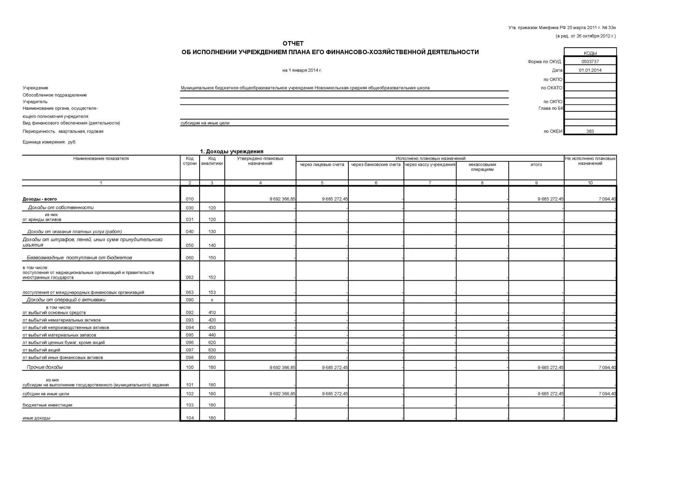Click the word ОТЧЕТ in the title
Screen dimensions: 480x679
[293, 44]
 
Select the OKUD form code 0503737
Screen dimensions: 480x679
[590, 62]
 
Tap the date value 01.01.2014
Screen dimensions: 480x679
[590, 70]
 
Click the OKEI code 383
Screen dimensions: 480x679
[590, 131]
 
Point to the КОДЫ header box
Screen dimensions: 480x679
[590, 53]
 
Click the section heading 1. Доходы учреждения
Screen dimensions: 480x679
[231, 151]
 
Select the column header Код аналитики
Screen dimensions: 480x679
[212, 161]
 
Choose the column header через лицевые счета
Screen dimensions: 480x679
[322, 165]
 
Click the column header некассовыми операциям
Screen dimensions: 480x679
[482, 167]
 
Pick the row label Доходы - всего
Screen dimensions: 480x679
[40, 199]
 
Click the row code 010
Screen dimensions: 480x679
[190, 199]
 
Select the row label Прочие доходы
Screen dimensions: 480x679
[45, 367]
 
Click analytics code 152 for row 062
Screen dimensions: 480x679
[212, 278]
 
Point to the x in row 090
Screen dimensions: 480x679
[212, 300]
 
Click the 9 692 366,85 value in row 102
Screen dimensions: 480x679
[282, 394]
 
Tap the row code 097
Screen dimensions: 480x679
[190, 350]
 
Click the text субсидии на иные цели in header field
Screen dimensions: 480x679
[205, 123]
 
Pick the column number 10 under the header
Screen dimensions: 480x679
[590, 183]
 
